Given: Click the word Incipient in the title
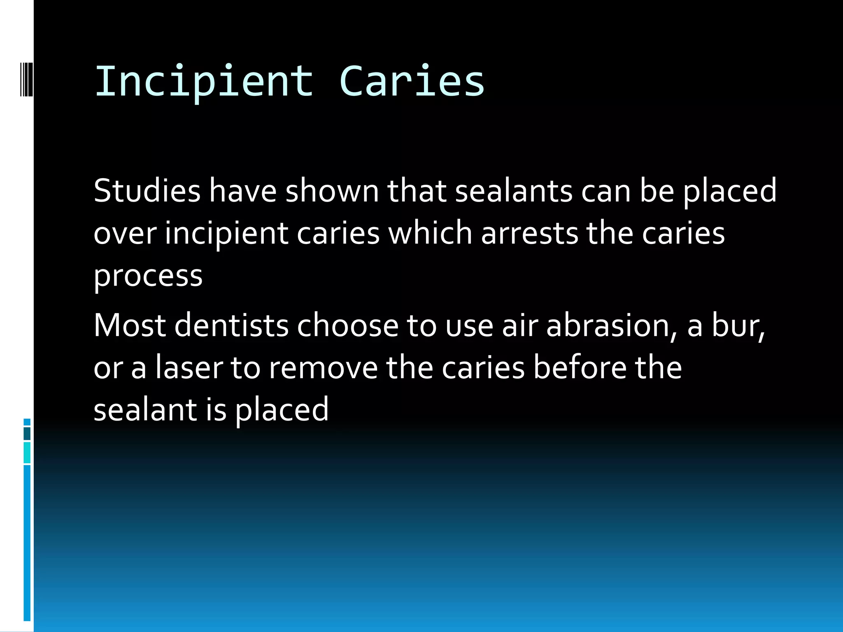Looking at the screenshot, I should click(x=204, y=81).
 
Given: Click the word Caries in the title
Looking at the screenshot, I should click(x=412, y=81).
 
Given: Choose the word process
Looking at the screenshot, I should click(x=148, y=276).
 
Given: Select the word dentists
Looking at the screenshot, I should click(x=231, y=325).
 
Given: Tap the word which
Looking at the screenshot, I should click(x=430, y=233).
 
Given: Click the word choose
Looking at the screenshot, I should click(x=347, y=325).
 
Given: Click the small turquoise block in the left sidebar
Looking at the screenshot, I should click(x=27, y=453).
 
